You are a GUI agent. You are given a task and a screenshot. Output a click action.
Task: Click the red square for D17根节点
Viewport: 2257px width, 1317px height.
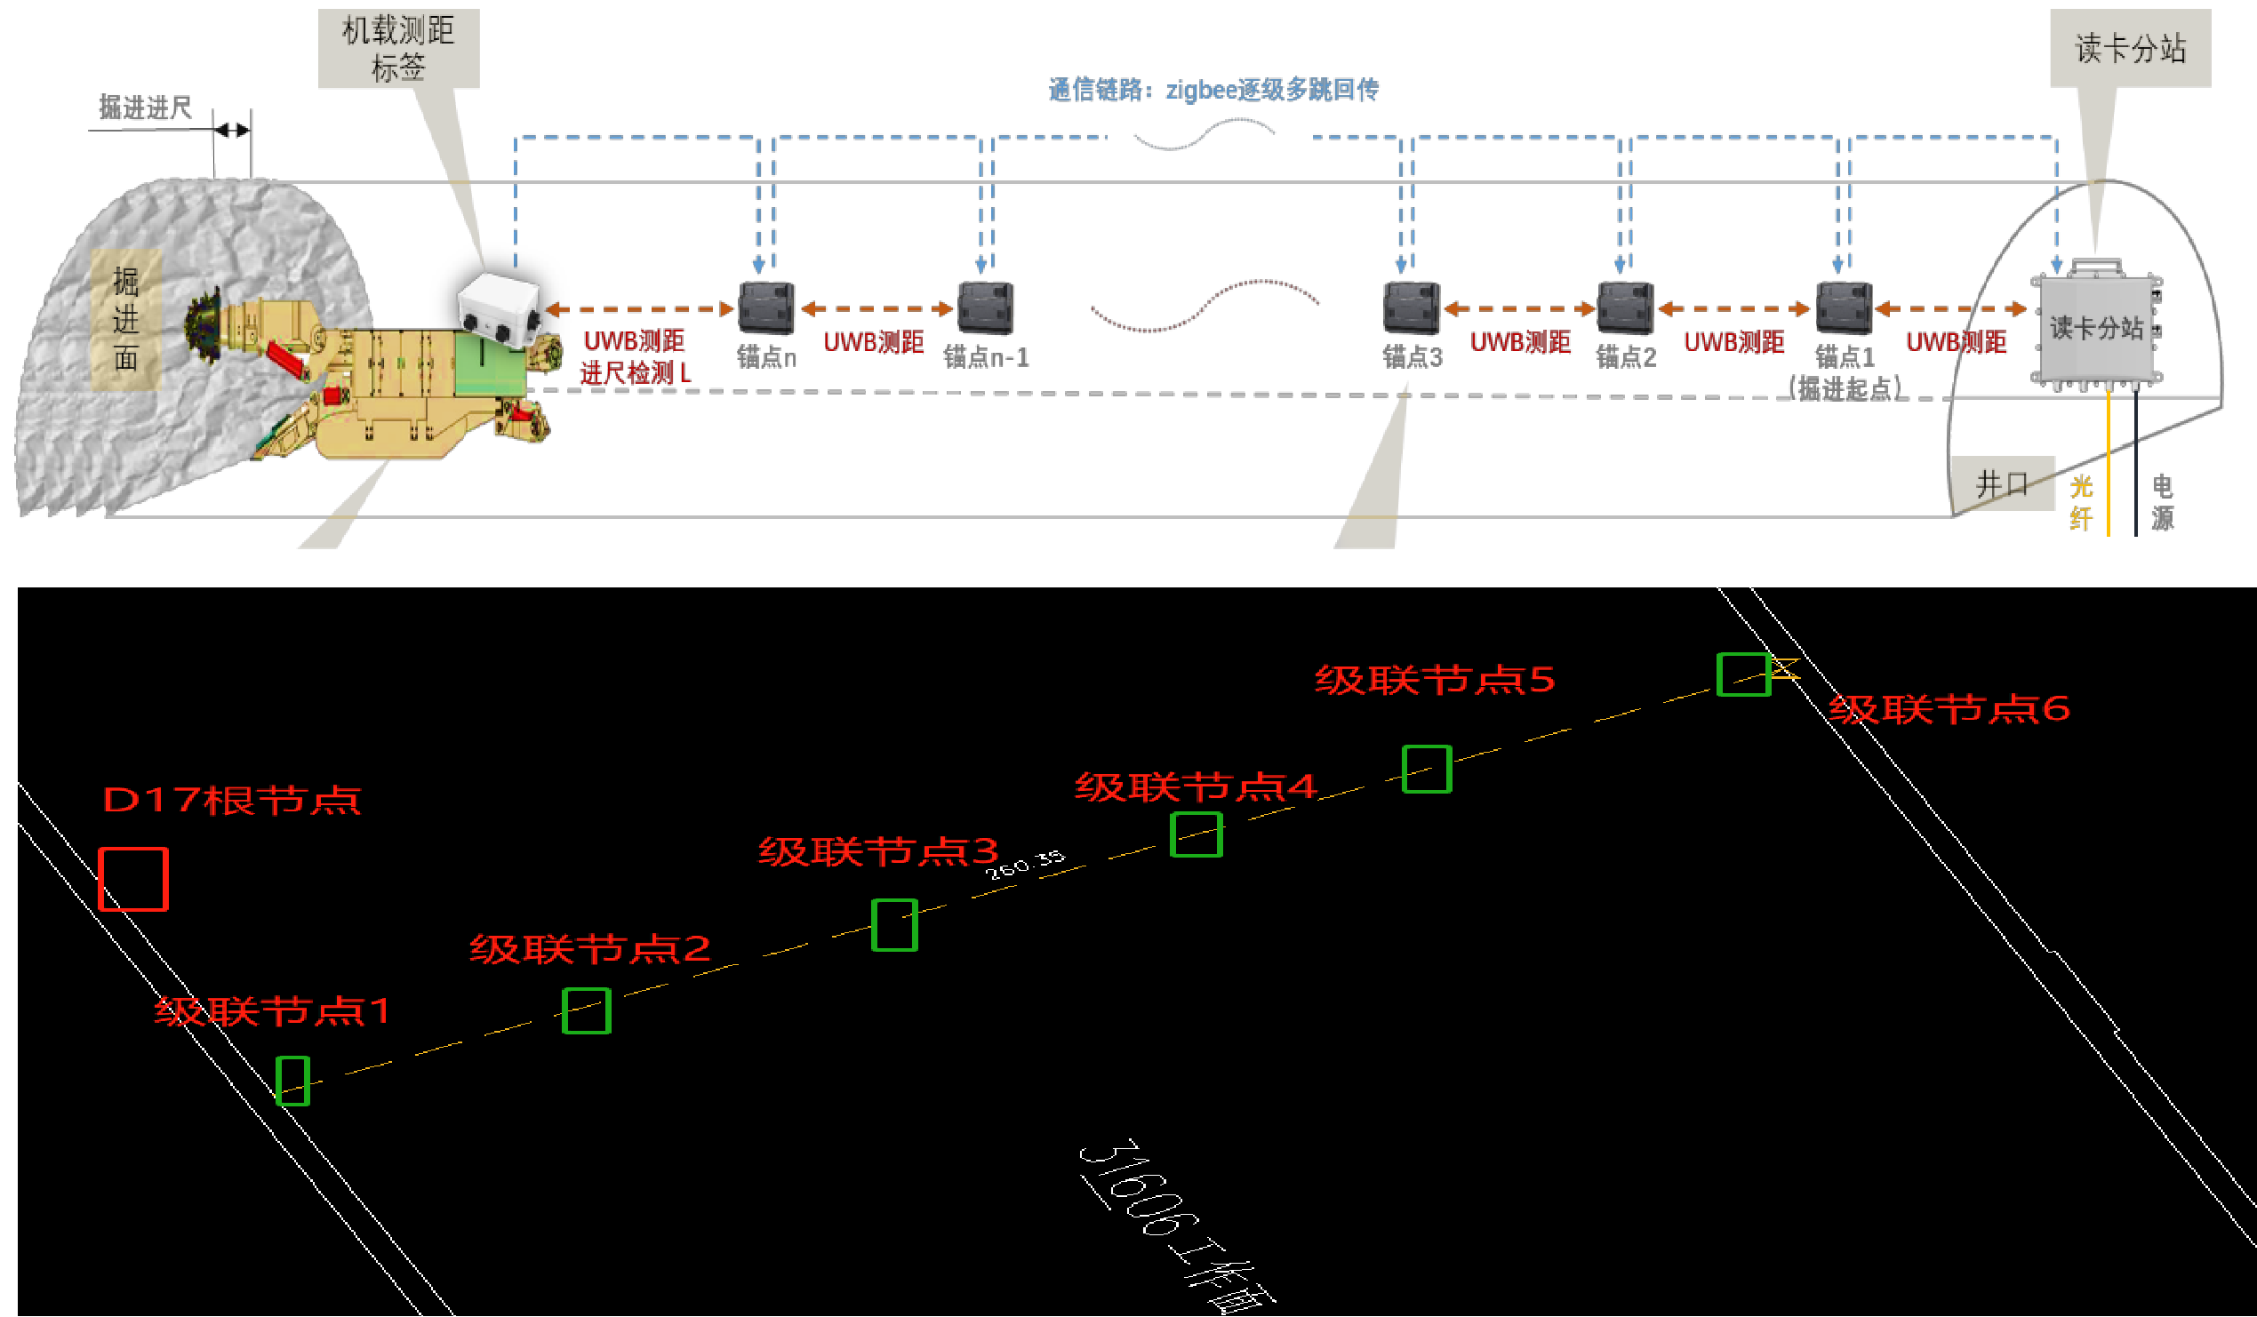pyautogui.click(x=132, y=879)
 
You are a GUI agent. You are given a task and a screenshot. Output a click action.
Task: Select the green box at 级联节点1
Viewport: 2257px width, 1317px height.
pyautogui.click(x=292, y=1081)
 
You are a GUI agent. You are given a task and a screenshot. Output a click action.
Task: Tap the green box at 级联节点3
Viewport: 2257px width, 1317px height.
pyautogui.click(x=894, y=925)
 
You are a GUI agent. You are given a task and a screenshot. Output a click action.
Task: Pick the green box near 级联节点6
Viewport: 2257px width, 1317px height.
pyautogui.click(x=1743, y=674)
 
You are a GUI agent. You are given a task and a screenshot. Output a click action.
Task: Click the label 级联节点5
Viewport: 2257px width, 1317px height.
pyautogui.click(x=1434, y=681)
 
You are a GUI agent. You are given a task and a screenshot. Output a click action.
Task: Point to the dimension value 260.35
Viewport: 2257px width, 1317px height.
pyautogui.click(x=1026, y=865)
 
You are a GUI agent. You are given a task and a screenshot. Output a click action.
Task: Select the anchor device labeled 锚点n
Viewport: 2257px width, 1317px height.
pyautogui.click(x=765, y=307)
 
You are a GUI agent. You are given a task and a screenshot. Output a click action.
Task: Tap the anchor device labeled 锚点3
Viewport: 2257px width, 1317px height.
pyautogui.click(x=1411, y=307)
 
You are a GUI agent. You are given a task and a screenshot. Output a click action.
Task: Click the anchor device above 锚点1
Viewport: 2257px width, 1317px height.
pyautogui.click(x=1844, y=307)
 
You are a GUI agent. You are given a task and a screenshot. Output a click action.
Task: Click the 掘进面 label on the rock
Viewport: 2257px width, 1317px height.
pyautogui.click(x=125, y=320)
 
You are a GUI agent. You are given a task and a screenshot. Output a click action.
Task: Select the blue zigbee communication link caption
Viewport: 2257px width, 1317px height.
pyautogui.click(x=1213, y=90)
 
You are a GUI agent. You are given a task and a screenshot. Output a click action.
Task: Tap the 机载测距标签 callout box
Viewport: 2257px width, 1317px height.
pyautogui.click(x=398, y=48)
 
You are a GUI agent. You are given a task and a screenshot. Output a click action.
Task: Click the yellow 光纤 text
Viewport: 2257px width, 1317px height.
pyautogui.click(x=2081, y=503)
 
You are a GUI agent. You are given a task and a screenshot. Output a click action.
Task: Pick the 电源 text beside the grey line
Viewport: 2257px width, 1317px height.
pyautogui.click(x=2162, y=503)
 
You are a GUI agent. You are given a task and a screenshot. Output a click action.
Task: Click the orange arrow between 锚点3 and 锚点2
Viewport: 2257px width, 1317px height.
pyautogui.click(x=1519, y=309)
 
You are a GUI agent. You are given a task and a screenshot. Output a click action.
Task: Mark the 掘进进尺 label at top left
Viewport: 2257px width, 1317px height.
pyautogui.click(x=145, y=108)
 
